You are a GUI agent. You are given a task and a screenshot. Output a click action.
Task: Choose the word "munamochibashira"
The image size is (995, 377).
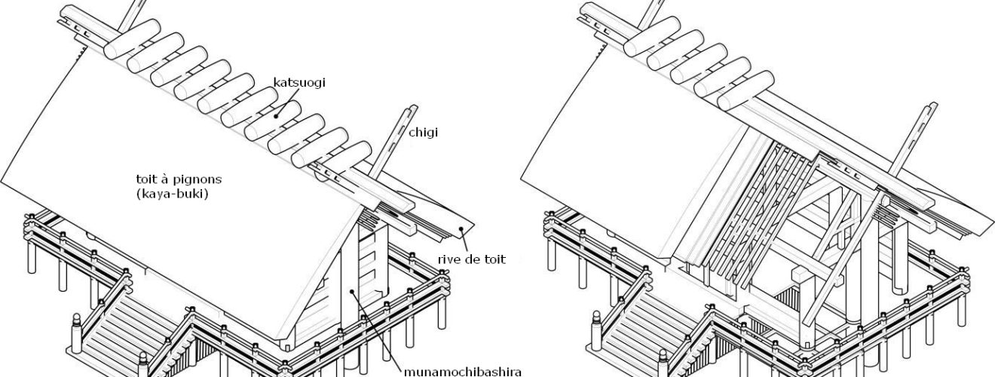(452, 370)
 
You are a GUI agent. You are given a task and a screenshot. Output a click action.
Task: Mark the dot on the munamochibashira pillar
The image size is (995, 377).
(351, 291)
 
